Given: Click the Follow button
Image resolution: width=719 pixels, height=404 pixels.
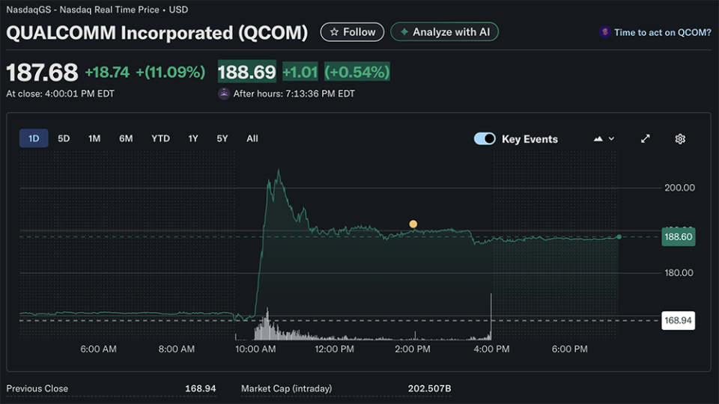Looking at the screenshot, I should [x=352, y=32].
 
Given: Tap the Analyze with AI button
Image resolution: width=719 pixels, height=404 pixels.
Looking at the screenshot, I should [x=444, y=32].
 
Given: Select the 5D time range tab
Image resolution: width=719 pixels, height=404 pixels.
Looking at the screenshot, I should [x=64, y=138].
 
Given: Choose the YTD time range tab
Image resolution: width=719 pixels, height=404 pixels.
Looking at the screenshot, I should [x=160, y=138].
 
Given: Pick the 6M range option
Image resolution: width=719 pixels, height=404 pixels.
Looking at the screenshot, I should [x=126, y=138].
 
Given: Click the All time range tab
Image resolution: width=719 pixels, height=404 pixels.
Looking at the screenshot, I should [x=252, y=138].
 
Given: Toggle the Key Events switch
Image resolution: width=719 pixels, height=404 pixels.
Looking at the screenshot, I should [x=485, y=138].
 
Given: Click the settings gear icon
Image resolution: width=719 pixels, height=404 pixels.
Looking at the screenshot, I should [x=680, y=138].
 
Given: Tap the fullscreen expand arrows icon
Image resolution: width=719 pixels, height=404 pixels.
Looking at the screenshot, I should [x=646, y=138].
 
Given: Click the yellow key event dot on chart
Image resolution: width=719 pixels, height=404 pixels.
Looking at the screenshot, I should [x=413, y=224].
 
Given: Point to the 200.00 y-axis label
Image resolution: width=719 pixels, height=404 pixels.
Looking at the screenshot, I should [x=679, y=188].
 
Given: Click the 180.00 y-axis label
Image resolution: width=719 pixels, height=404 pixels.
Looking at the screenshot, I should [x=679, y=273].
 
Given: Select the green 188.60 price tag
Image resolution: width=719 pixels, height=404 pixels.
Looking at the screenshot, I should [x=678, y=236].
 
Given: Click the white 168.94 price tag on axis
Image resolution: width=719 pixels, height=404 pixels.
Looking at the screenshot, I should [x=678, y=320].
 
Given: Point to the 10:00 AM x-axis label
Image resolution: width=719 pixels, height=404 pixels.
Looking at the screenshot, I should [x=255, y=349].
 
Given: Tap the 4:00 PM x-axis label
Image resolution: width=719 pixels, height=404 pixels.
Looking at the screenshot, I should [x=491, y=349].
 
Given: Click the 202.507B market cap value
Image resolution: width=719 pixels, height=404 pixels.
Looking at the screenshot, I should [x=428, y=388].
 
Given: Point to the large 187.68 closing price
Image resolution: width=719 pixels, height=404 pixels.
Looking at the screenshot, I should [x=42, y=73].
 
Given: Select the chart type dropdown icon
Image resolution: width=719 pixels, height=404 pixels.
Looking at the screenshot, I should [x=604, y=138].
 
